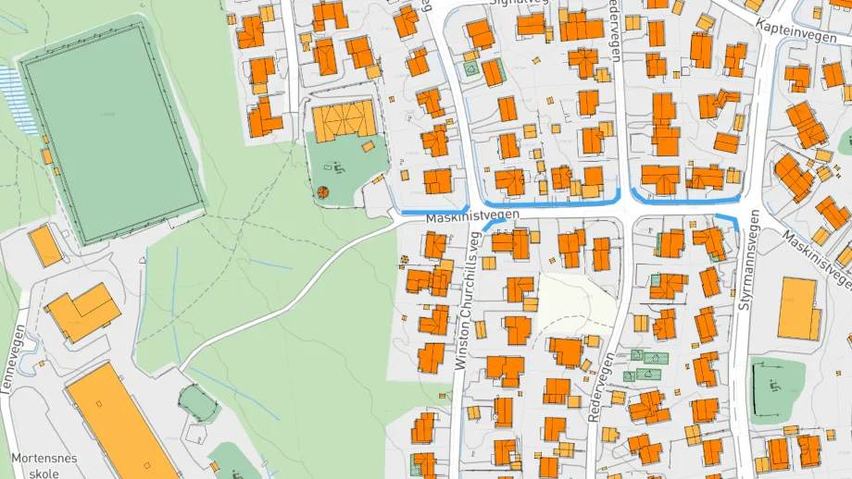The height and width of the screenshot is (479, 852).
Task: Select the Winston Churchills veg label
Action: coord(470,301)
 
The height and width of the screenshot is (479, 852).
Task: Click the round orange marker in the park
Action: coord(323,192)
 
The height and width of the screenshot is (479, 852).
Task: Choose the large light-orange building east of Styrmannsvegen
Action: coord(798,308)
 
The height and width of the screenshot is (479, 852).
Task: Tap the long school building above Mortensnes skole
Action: coord(120,421)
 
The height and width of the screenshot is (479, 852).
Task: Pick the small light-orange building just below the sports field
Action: coord(44,246)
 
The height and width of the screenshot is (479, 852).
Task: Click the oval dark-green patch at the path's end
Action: coord(197,403)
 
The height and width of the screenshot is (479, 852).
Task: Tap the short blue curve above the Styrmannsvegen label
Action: coord(728,219)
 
